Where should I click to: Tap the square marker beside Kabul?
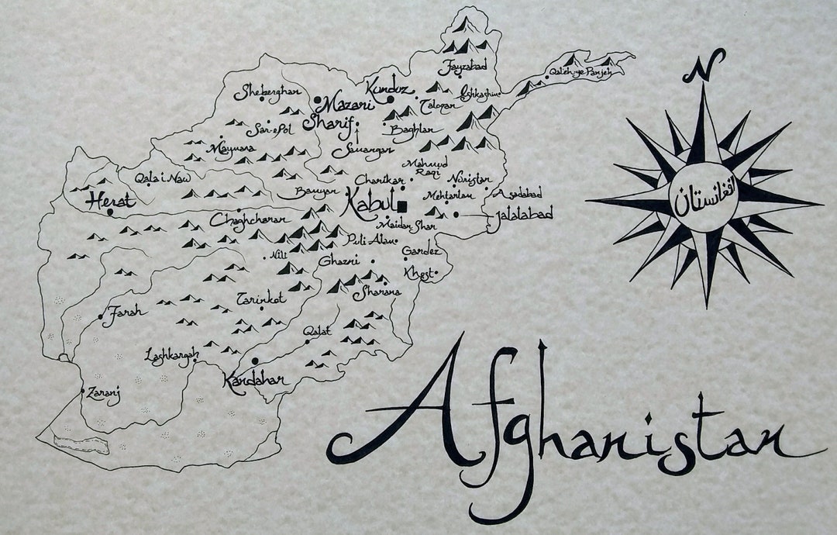pyautogui.click(x=402, y=205)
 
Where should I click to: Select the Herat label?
pyautogui.click(x=112, y=200)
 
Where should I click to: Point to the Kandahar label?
pyautogui.click(x=255, y=381)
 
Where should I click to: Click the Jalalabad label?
pyautogui.click(x=520, y=216)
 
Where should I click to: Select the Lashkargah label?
pyautogui.click(x=171, y=355)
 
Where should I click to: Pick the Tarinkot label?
pyautogui.click(x=262, y=299)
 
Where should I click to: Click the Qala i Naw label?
pyautogui.click(x=162, y=178)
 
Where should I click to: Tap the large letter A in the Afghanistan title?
pyautogui.click(x=418, y=411)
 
